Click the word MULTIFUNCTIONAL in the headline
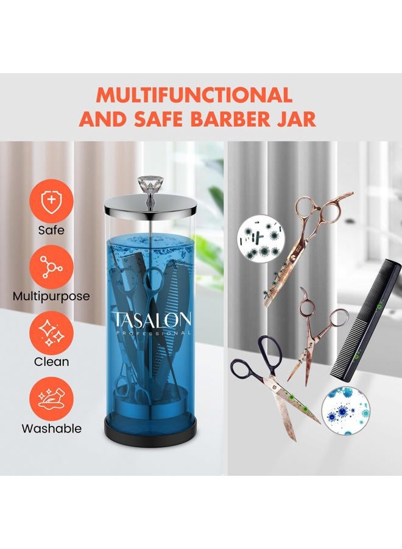tap(194, 95)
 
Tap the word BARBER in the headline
tap(231, 119)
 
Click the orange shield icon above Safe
tap(51, 201)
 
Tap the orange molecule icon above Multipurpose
tap(51, 267)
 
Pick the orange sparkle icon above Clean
tap(51, 332)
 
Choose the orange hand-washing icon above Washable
tap(51, 399)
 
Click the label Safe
tap(51, 231)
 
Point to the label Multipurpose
tap(51, 296)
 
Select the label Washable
tap(51, 429)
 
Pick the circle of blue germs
tap(345, 409)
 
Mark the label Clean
tap(51, 362)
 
